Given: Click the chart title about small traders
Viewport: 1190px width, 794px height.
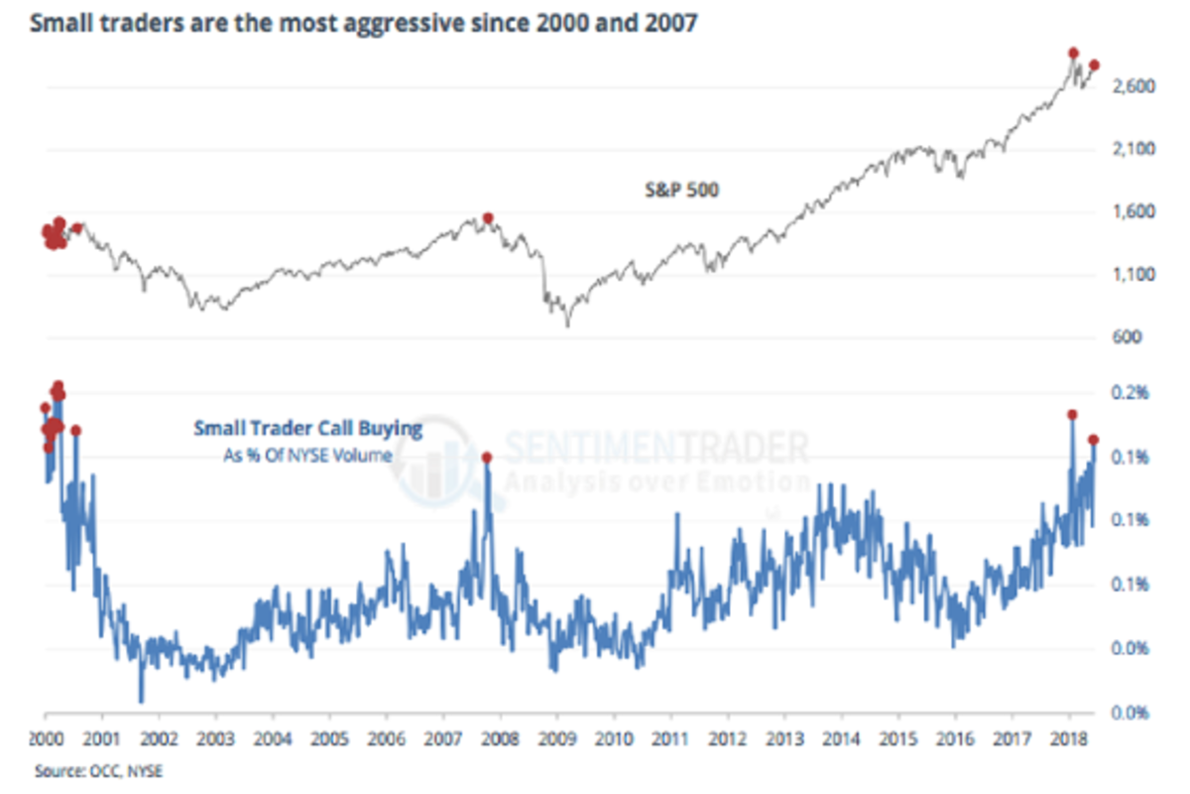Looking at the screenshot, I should (x=363, y=21).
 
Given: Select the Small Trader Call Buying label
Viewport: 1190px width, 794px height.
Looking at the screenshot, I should (x=307, y=429).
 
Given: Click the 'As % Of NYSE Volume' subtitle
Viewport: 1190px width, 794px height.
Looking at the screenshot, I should (x=306, y=455).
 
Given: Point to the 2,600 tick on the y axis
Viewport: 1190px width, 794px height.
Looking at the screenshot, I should (x=1130, y=87).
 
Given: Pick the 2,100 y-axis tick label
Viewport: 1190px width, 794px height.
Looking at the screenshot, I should (x=1130, y=149).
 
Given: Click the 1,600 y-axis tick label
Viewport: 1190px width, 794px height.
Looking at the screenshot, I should (x=1130, y=212).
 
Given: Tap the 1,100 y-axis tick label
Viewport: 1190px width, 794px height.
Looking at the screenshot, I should (x=1130, y=275).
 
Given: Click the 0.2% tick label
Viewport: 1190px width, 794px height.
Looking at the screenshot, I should (x=1132, y=393).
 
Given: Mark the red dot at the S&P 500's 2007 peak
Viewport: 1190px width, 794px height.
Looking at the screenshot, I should (x=488, y=217).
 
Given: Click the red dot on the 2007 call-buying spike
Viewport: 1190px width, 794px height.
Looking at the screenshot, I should (x=487, y=457).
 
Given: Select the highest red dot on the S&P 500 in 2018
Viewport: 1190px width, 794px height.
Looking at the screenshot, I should (x=1074, y=53).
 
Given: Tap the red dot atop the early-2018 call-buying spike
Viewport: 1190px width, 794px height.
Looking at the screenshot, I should (x=1072, y=415).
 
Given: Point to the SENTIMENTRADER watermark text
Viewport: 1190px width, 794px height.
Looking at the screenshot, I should (x=654, y=449).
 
